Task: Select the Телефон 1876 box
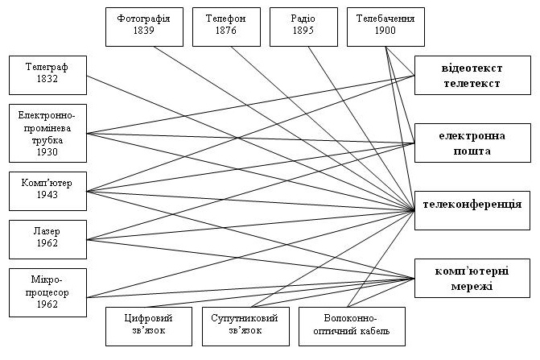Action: coord(226,26)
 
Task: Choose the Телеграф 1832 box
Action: coord(46,75)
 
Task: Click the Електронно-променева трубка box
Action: coord(46,133)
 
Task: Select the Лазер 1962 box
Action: coord(46,238)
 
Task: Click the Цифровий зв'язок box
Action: coord(149,325)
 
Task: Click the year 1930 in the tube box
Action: coord(46,151)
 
